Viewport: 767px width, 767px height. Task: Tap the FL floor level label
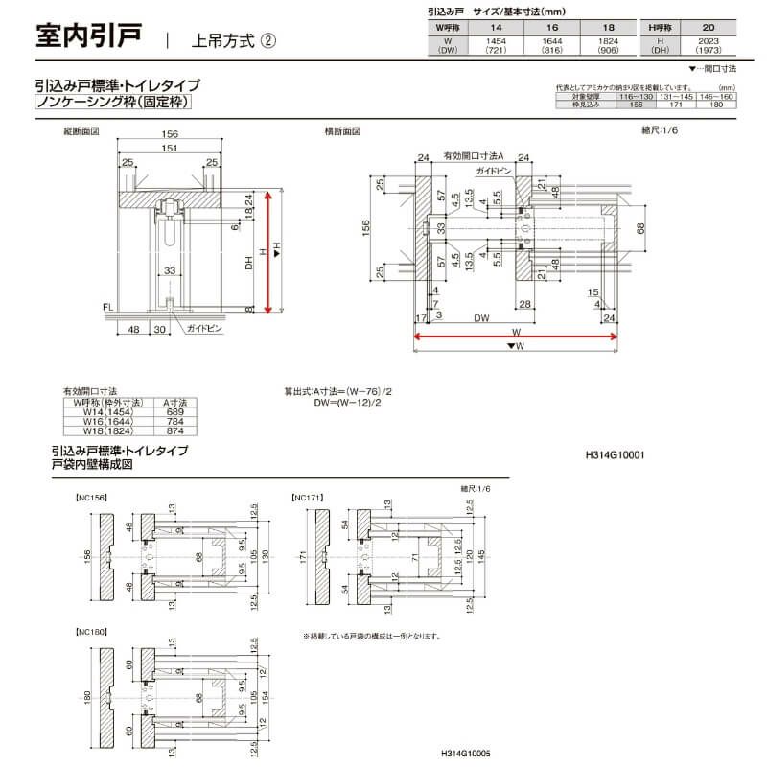(106, 309)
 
